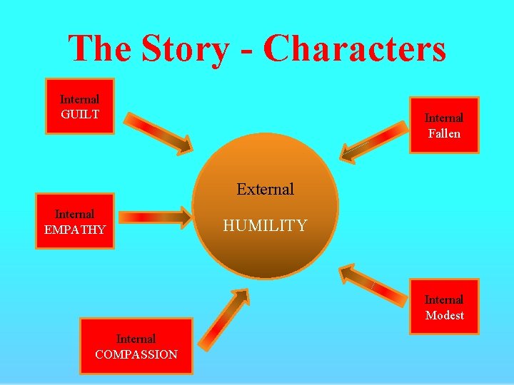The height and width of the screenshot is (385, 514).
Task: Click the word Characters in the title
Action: click(x=354, y=48)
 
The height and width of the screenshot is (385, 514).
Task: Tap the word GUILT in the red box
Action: click(x=80, y=115)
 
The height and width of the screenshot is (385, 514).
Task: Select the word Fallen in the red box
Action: click(x=444, y=133)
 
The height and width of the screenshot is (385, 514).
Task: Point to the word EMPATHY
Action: click(x=75, y=230)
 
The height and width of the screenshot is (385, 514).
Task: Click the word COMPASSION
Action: click(x=136, y=354)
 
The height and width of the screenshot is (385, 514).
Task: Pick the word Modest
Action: click(x=444, y=315)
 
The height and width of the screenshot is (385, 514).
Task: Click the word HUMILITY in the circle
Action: click(x=265, y=226)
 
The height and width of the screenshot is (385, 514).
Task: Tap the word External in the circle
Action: click(x=265, y=189)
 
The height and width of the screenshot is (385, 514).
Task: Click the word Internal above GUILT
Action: click(x=80, y=100)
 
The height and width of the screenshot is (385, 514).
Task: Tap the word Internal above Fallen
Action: click(x=444, y=118)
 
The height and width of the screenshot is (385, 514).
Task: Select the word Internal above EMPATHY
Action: click(x=75, y=214)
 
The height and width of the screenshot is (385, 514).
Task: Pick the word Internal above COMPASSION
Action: click(x=136, y=339)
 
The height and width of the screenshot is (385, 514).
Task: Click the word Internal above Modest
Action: click(x=444, y=299)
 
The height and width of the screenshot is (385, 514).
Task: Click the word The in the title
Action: click(x=99, y=48)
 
